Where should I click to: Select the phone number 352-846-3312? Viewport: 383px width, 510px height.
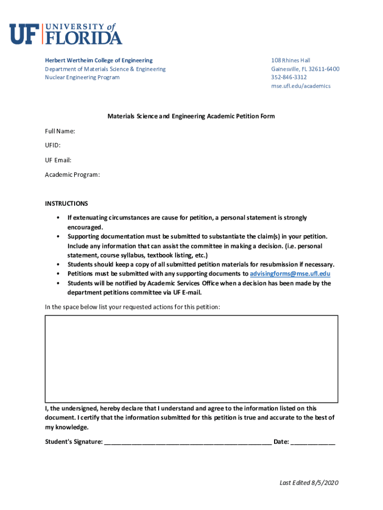(289, 77)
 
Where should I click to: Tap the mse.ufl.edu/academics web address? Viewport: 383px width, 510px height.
(300, 86)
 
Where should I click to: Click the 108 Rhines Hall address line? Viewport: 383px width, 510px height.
(291, 60)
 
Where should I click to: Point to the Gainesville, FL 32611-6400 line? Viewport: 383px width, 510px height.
(305, 69)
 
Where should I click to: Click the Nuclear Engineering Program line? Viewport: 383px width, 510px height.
(82, 77)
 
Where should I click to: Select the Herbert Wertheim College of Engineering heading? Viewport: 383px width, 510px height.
(99, 60)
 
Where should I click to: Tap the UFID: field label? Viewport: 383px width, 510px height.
(53, 145)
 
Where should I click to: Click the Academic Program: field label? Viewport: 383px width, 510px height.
(72, 174)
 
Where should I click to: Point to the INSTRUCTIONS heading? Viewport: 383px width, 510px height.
(66, 203)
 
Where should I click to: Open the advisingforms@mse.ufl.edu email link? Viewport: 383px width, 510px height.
(290, 273)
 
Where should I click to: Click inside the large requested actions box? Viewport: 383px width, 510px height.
(191, 359)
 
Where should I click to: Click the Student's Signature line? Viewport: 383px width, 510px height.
(188, 441)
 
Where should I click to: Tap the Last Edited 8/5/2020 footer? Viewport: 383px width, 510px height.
(309, 483)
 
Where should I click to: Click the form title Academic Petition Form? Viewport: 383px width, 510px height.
(191, 116)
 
